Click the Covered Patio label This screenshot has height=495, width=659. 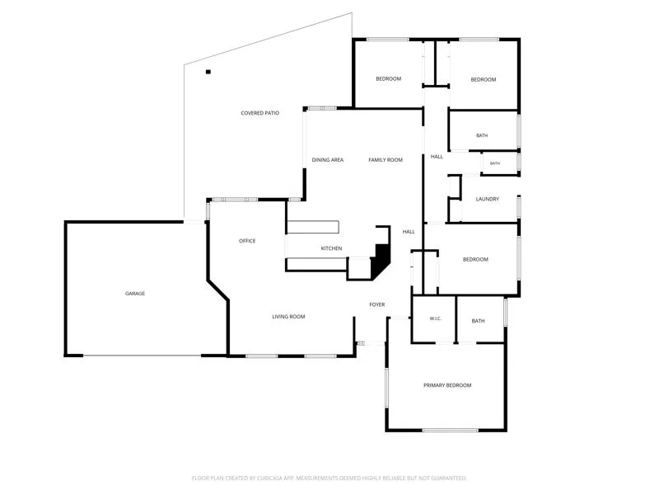[x=259, y=113]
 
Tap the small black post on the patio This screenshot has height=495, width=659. [x=208, y=72]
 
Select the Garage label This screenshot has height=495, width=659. [x=135, y=294]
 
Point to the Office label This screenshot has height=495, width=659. [x=247, y=241]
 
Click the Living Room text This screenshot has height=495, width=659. [x=288, y=317]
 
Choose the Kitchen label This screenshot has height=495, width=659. [x=332, y=248]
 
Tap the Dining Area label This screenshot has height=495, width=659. [x=327, y=160]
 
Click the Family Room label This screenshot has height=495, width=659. [x=386, y=160]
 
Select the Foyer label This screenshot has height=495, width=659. [x=377, y=304]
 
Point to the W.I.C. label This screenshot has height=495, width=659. [x=436, y=318]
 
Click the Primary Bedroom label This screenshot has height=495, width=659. [x=447, y=385]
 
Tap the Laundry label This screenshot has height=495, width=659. [x=488, y=199]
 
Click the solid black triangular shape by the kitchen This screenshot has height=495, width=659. [x=381, y=260]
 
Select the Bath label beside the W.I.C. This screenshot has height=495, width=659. [x=478, y=321]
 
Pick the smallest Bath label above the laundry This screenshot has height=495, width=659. [x=495, y=163]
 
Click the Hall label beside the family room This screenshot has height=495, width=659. [x=437, y=157]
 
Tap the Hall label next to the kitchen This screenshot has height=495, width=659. [x=409, y=232]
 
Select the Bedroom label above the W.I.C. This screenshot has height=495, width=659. [x=475, y=259]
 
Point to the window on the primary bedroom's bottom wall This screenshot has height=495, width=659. [x=450, y=430]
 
